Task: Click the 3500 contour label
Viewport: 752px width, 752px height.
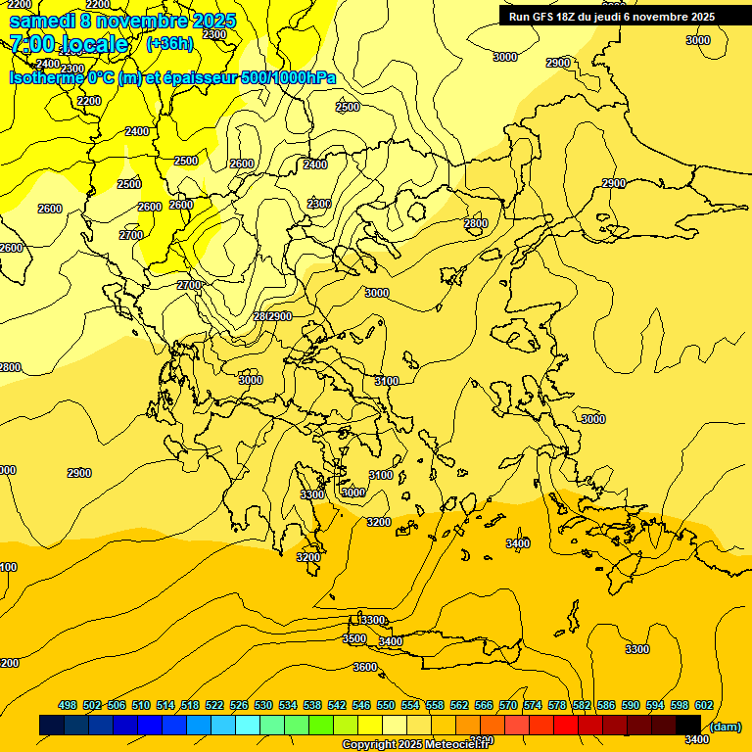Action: (354, 638)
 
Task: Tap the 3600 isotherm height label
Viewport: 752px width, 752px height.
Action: (365, 667)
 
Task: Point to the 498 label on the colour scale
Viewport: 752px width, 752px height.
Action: (68, 705)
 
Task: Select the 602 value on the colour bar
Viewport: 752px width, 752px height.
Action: (703, 705)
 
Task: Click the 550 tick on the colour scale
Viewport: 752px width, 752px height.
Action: (386, 705)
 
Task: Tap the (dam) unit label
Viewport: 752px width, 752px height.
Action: (725, 726)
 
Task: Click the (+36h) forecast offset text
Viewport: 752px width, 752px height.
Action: (169, 43)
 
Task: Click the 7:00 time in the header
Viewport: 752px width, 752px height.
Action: (32, 44)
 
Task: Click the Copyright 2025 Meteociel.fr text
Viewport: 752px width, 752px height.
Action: (416, 744)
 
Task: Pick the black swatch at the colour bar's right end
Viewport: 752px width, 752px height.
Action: (688, 726)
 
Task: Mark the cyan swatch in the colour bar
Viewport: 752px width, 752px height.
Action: (248, 726)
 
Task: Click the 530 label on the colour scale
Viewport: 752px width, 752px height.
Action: (263, 705)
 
